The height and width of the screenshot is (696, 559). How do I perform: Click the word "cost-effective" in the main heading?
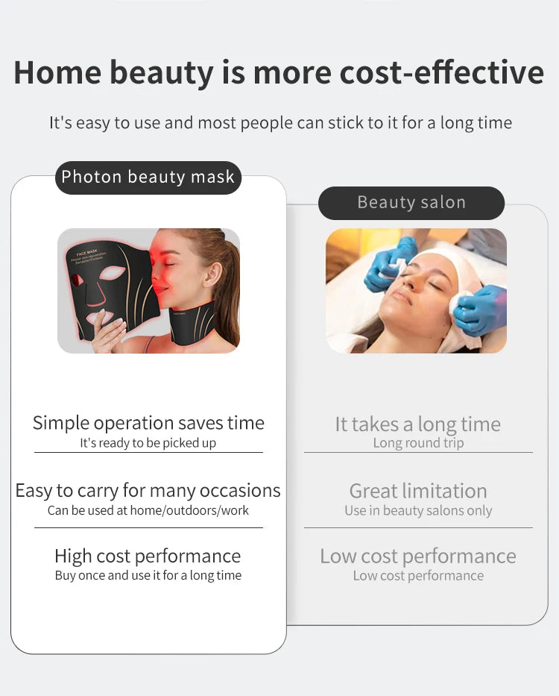click(442, 72)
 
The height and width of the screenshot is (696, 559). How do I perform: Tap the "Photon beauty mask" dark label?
click(148, 178)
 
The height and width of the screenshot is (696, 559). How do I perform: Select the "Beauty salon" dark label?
click(411, 203)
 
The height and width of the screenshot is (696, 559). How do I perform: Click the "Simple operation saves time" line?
click(148, 423)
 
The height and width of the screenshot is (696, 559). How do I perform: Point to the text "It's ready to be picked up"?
click(148, 443)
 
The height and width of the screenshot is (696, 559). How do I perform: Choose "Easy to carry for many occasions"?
click(148, 490)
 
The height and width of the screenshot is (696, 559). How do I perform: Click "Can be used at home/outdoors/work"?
click(148, 510)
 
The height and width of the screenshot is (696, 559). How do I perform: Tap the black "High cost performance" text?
click(148, 556)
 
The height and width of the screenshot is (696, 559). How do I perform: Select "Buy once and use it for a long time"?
click(148, 575)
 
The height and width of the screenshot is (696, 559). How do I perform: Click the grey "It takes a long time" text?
click(417, 424)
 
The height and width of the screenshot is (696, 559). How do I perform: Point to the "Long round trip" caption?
click(418, 443)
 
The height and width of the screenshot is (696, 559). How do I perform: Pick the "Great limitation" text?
click(418, 491)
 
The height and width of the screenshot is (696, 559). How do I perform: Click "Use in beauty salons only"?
click(418, 511)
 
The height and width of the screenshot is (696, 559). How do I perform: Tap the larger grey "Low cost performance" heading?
click(418, 556)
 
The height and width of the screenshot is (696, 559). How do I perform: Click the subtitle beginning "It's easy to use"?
click(280, 122)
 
